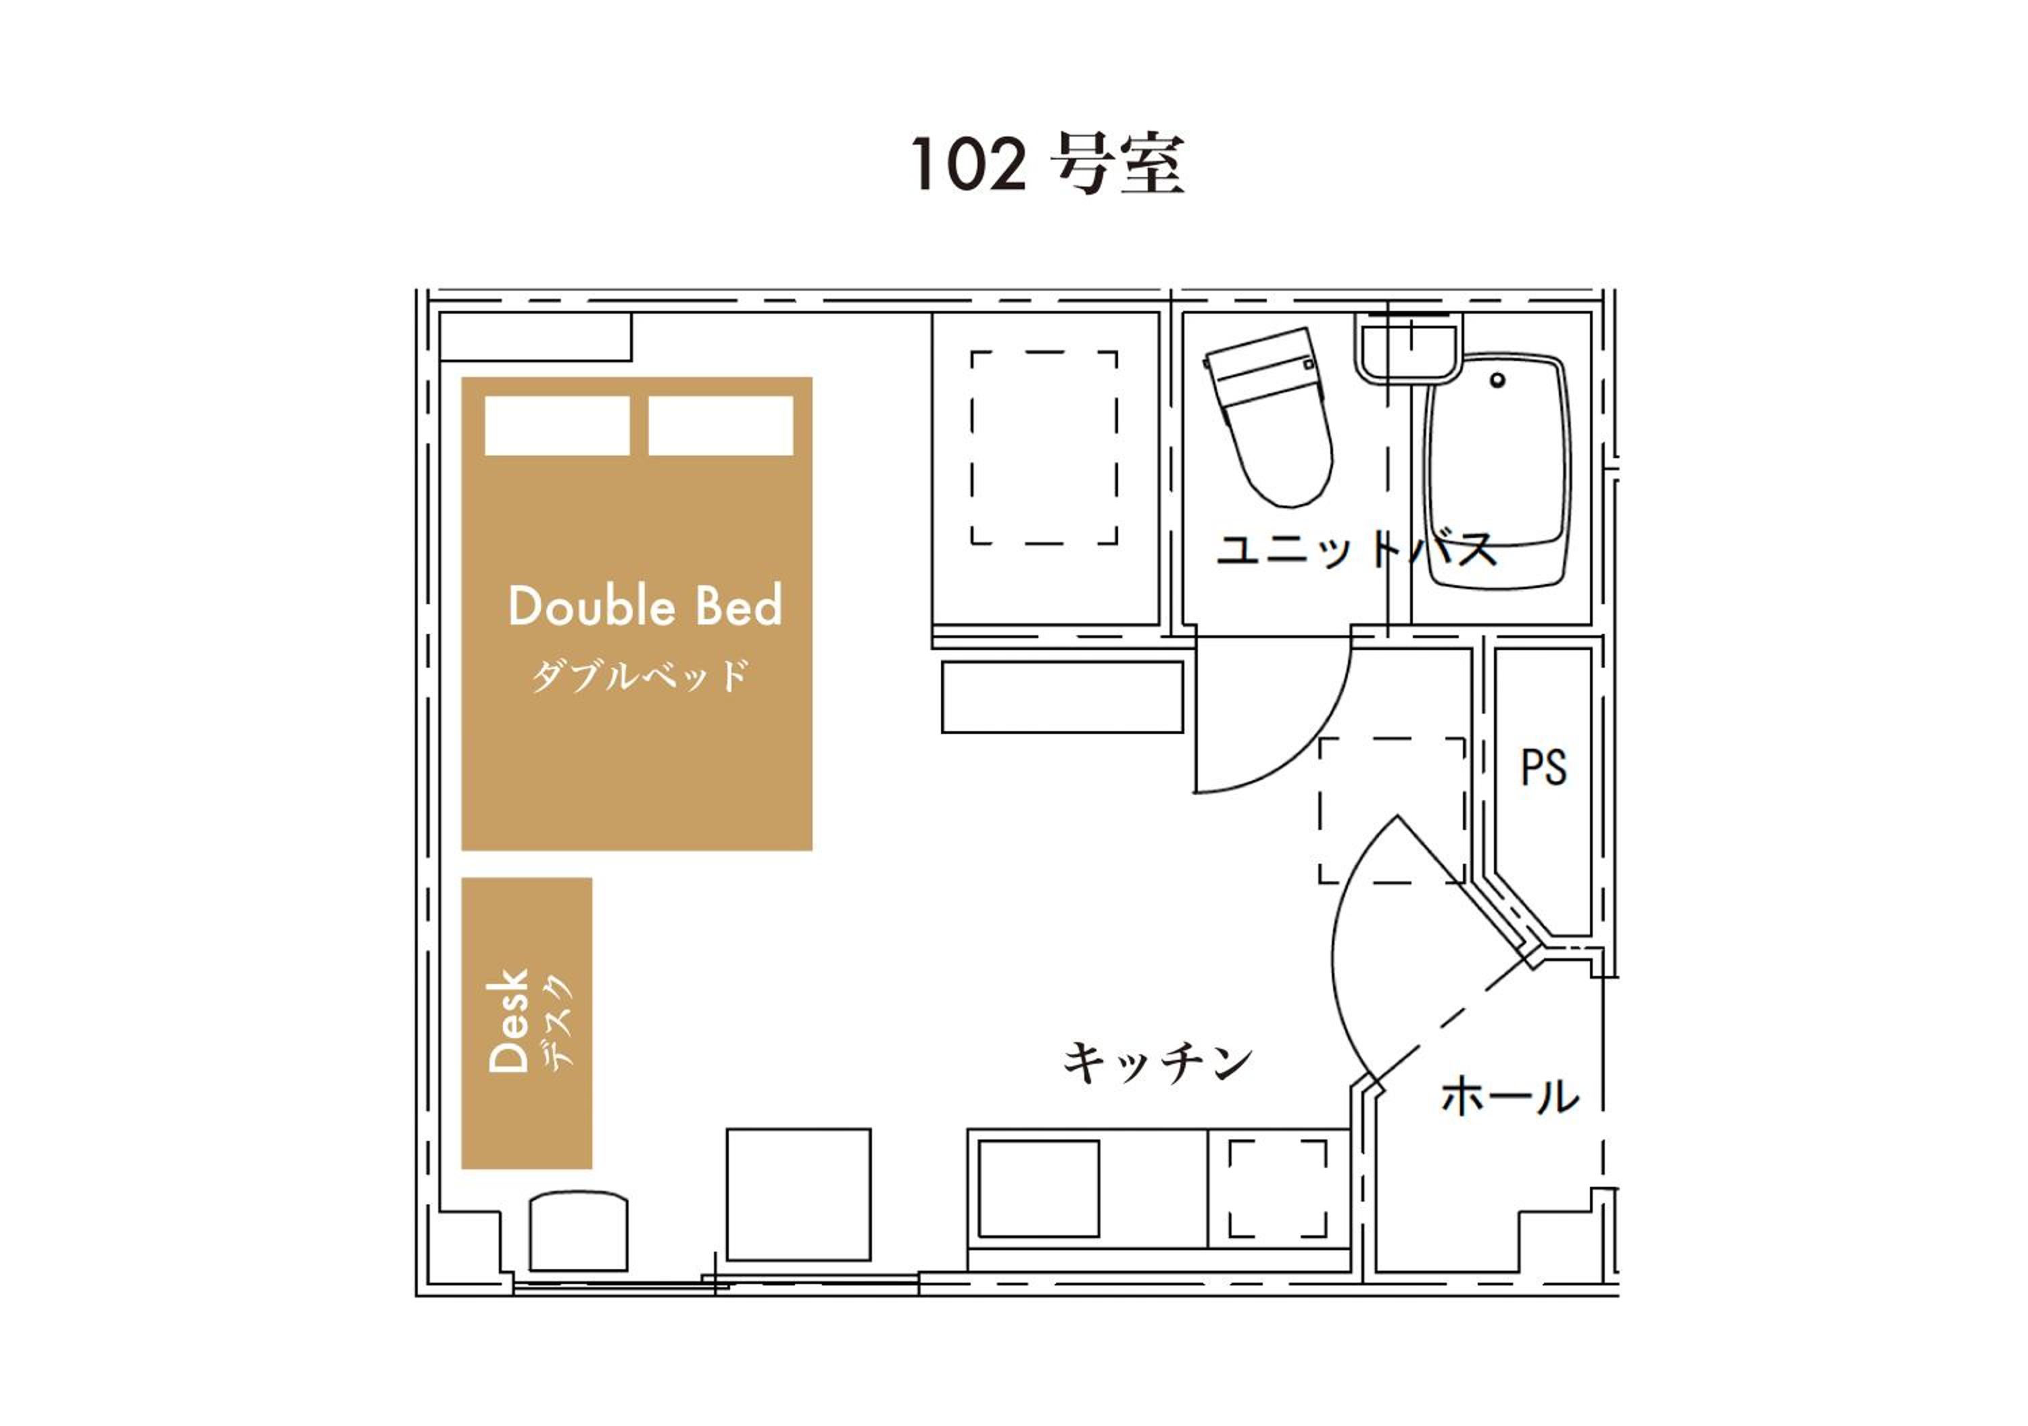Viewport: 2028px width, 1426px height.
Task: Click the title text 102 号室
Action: tap(1048, 164)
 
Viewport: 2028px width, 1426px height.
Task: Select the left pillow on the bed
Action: tap(557, 426)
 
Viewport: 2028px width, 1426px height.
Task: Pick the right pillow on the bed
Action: tap(721, 426)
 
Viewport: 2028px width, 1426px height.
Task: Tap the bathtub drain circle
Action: tap(1497, 380)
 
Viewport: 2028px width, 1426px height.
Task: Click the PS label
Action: tap(1544, 767)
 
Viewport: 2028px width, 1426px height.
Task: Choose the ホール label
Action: tap(1510, 1096)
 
